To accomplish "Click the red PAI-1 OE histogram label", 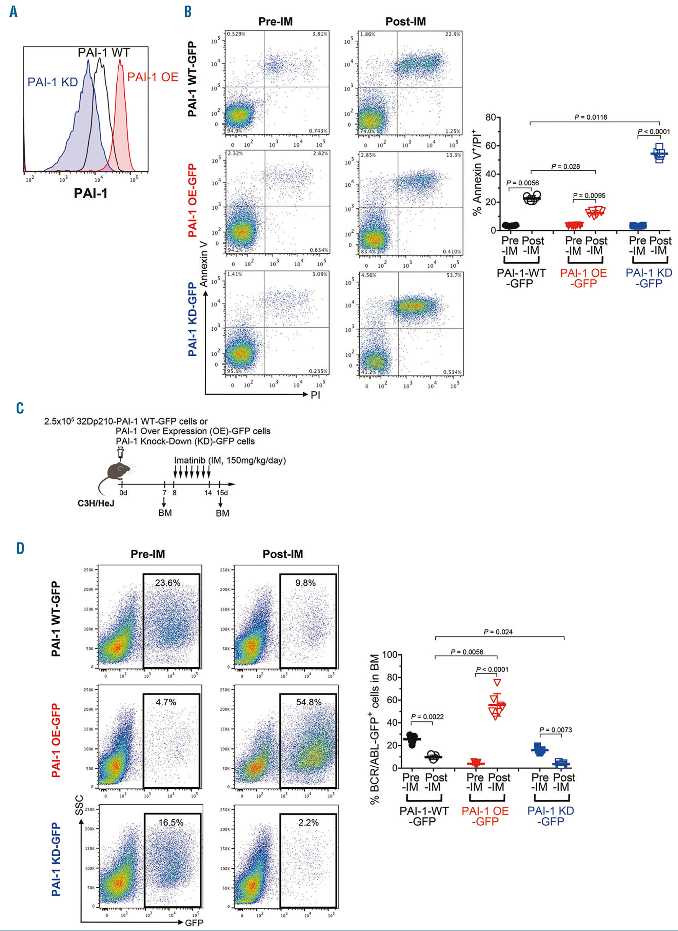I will click(152, 77).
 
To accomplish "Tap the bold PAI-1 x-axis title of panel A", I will click(91, 193).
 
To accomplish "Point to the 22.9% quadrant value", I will click(453, 35).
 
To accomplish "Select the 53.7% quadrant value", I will click(453, 275).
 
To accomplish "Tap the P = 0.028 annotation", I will click(565, 167).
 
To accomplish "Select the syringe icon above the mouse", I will click(121, 453).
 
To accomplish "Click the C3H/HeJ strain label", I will click(96, 503).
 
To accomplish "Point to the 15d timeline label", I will click(222, 493).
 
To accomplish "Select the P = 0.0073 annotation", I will click(555, 730).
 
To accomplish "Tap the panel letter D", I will click(20, 548).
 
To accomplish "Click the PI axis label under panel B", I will click(315, 395).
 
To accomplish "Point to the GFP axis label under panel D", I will click(194, 923).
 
